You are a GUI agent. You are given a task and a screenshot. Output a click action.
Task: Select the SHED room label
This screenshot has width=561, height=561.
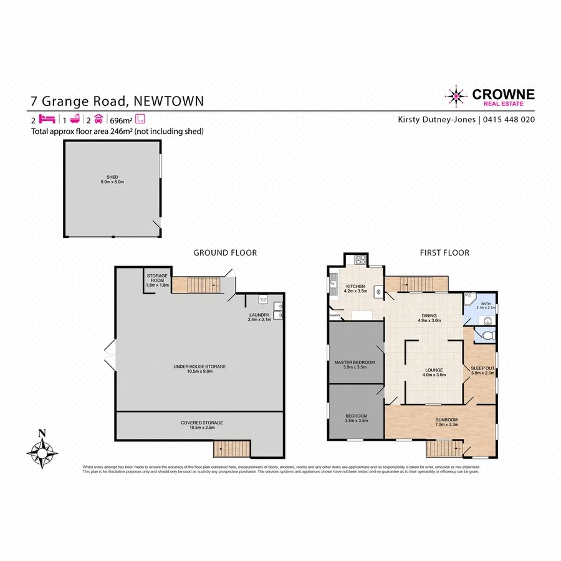click(113, 179)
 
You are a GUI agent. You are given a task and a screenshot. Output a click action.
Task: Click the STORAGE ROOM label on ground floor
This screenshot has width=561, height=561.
click(156, 279)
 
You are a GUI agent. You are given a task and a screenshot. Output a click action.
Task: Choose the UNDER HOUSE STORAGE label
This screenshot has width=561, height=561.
click(199, 367)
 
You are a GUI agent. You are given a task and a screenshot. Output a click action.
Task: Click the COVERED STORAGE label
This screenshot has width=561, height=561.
click(201, 423)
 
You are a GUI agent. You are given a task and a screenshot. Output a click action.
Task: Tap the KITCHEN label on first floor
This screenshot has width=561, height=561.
click(355, 287)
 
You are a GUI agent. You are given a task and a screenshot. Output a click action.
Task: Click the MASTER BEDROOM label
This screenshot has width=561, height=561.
click(355, 362)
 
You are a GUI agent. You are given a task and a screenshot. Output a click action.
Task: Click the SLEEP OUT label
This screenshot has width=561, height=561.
click(482, 368)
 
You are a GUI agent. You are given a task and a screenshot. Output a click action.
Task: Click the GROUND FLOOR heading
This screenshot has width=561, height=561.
click(225, 252)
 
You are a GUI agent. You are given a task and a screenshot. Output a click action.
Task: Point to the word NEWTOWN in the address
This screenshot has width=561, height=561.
click(168, 101)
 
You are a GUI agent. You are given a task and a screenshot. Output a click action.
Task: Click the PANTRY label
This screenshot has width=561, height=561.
click(335, 315)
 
